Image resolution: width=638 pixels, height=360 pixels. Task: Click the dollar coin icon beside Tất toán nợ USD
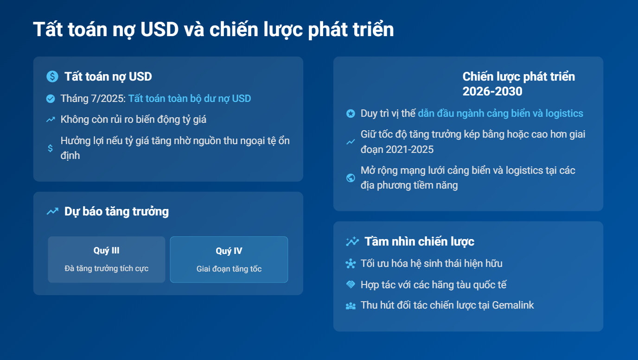pyautogui.click(x=52, y=76)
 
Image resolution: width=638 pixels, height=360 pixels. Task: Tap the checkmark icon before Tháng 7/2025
pyautogui.click(x=51, y=99)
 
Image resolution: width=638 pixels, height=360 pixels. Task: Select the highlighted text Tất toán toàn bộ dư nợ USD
pyautogui.click(x=190, y=99)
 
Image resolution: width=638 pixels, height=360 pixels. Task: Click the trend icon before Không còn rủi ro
pyautogui.click(x=51, y=120)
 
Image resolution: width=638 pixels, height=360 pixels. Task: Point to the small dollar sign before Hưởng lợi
pyautogui.click(x=51, y=148)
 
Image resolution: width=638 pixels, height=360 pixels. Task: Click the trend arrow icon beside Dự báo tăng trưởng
pyautogui.click(x=52, y=211)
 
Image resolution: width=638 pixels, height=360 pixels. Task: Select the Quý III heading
pyautogui.click(x=107, y=251)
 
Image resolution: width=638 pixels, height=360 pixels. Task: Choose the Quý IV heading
pyautogui.click(x=229, y=251)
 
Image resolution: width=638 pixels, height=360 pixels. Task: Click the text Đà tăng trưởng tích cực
pyautogui.click(x=107, y=268)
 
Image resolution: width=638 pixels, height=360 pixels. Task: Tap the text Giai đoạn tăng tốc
pyautogui.click(x=229, y=269)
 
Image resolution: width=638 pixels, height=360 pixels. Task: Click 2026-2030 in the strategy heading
pyautogui.click(x=492, y=91)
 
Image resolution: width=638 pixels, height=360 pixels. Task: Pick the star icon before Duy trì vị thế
pyautogui.click(x=351, y=114)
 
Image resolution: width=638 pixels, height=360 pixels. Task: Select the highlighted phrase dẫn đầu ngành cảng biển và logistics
pyautogui.click(x=500, y=113)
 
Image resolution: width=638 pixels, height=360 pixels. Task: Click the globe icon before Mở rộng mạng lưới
pyautogui.click(x=351, y=178)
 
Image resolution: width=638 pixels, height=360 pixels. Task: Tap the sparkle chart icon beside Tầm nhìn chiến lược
pyautogui.click(x=352, y=241)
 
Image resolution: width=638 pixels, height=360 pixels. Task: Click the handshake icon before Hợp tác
pyautogui.click(x=351, y=284)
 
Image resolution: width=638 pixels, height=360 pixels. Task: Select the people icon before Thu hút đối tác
pyautogui.click(x=351, y=306)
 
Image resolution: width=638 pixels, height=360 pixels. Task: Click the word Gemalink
pyautogui.click(x=513, y=305)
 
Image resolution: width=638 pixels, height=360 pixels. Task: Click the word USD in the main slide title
pyautogui.click(x=159, y=29)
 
